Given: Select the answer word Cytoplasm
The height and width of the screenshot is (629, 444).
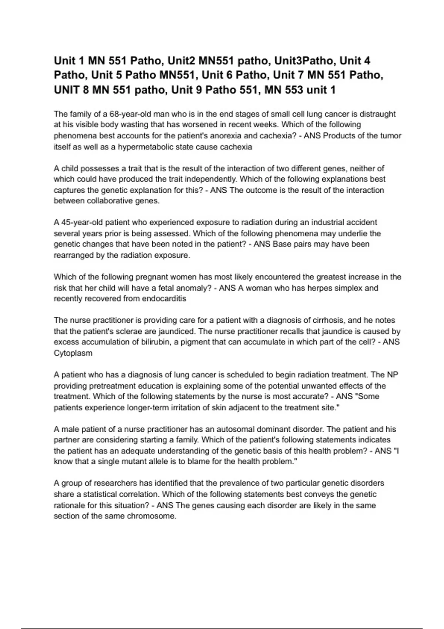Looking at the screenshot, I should pyautogui.click(x=73, y=353).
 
